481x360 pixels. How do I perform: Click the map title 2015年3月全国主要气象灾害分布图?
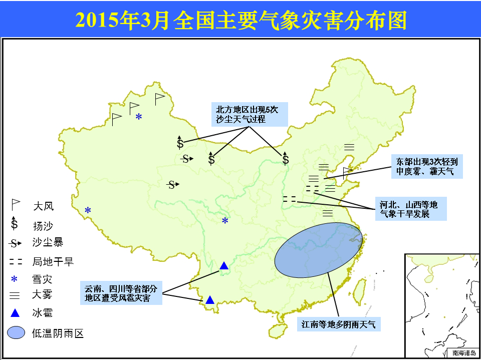pyautogui.click(x=241, y=21)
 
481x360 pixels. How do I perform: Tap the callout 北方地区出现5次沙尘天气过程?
pyautogui.click(x=250, y=114)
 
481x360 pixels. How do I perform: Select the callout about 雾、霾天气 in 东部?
pyautogui.click(x=427, y=166)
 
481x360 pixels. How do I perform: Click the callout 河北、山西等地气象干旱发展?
pyautogui.click(x=411, y=208)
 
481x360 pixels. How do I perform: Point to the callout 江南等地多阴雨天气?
pyautogui.click(x=339, y=324)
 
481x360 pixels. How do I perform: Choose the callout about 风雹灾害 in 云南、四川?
pyautogui.click(x=121, y=293)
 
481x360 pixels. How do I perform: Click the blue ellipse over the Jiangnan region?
pyautogui.click(x=319, y=250)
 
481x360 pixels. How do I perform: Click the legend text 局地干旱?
pyautogui.click(x=53, y=261)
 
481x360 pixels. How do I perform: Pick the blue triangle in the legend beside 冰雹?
pyautogui.click(x=15, y=313)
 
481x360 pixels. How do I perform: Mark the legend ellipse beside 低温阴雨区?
pyautogui.click(x=16, y=332)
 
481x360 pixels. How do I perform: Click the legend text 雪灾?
pyautogui.click(x=42, y=279)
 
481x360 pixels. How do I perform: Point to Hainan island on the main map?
pyautogui.click(x=278, y=329)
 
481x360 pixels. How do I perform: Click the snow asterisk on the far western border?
pyautogui.click(x=88, y=210)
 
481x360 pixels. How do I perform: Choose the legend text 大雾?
pyautogui.click(x=42, y=295)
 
